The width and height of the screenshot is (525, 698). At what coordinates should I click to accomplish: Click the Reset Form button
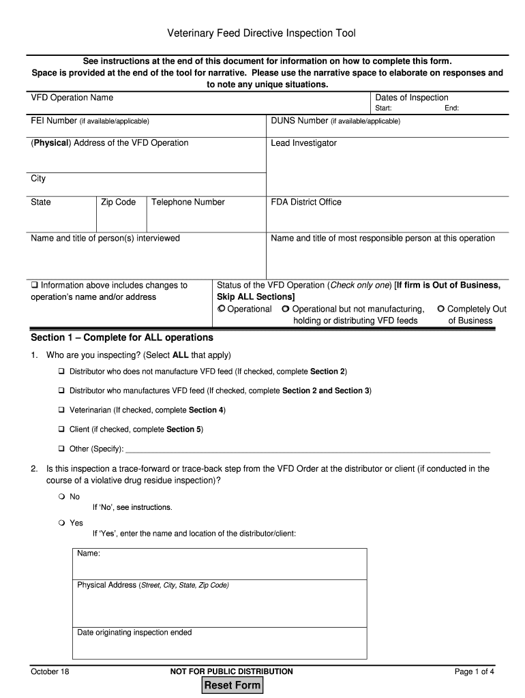[x=232, y=685]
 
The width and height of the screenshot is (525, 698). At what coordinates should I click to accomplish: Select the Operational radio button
[x=221, y=309]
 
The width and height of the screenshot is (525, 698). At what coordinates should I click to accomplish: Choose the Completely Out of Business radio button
[x=441, y=309]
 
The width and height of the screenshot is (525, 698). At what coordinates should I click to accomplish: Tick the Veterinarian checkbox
[x=61, y=410]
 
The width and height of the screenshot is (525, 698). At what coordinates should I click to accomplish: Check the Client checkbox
[x=61, y=429]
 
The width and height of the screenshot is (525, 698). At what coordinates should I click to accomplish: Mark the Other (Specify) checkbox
[x=61, y=449]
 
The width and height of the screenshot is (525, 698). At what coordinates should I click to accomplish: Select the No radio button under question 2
[x=61, y=496]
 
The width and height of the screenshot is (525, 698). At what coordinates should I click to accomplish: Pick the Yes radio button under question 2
[x=61, y=523]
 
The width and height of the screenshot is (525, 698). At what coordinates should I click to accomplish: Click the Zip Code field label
[x=118, y=202]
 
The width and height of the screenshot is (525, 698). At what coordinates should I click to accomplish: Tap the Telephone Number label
[x=187, y=202]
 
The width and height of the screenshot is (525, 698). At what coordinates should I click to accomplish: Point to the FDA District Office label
[x=306, y=202]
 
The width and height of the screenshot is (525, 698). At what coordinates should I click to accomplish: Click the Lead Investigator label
[x=303, y=143]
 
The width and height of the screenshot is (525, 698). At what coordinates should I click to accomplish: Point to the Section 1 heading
[x=122, y=337]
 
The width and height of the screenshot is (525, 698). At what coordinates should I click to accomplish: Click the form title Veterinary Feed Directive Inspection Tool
[x=262, y=33]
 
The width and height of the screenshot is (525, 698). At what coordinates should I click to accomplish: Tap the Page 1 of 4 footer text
[x=474, y=671]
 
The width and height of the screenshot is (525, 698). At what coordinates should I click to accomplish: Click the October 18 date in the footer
[x=50, y=671]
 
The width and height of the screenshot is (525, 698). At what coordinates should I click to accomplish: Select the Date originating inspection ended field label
[x=134, y=633]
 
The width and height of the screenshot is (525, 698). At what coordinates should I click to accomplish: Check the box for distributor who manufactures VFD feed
[x=61, y=391]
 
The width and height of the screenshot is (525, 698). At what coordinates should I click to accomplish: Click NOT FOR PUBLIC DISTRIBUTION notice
[x=232, y=671]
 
